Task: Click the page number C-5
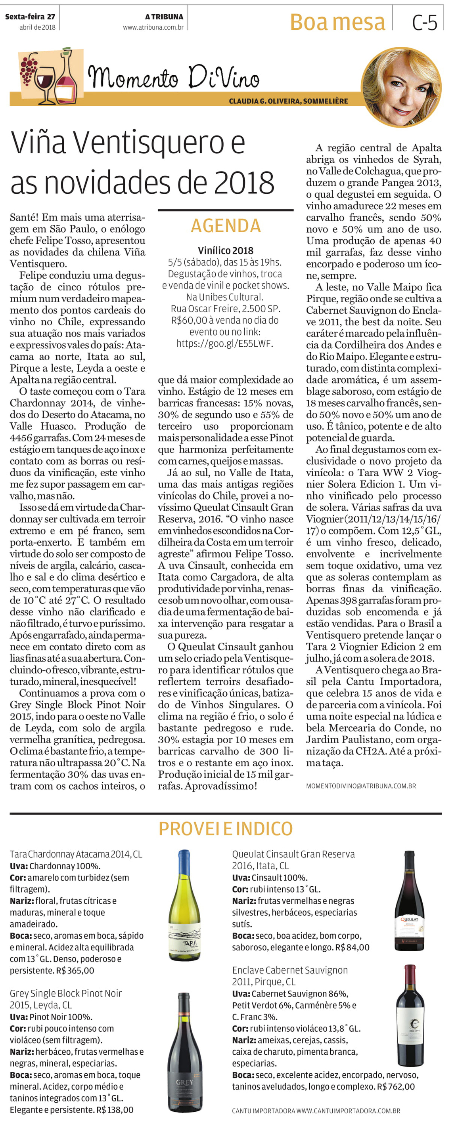coord(424,22)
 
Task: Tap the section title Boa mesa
coord(337,22)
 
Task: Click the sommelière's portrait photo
coord(401,87)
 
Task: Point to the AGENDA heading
coord(226,226)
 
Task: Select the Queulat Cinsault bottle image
coord(409,900)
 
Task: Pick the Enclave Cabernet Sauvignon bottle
coord(410,1016)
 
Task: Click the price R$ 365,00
coord(75,970)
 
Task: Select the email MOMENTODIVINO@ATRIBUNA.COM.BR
coord(360,786)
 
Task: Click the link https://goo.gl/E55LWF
coord(225,343)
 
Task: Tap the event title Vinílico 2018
coord(225,250)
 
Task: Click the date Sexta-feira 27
coord(30,17)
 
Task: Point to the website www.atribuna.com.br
coord(153,27)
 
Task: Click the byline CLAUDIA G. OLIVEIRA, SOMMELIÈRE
coord(288,101)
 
